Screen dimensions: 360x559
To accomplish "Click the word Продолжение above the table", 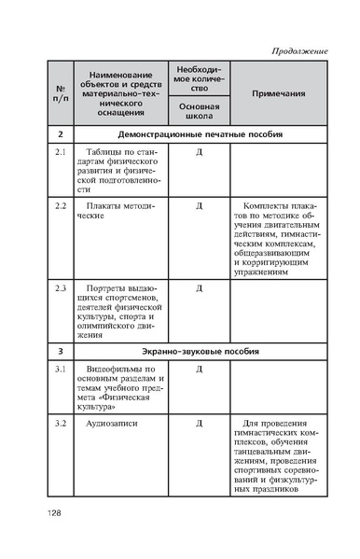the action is click(x=299, y=49).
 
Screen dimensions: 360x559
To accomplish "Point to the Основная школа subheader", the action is click(x=199, y=110).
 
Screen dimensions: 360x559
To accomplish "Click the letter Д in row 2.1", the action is click(x=199, y=151).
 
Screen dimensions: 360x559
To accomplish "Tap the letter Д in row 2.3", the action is click(x=199, y=287).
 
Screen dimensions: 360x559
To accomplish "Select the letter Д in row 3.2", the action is click(x=199, y=425).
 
